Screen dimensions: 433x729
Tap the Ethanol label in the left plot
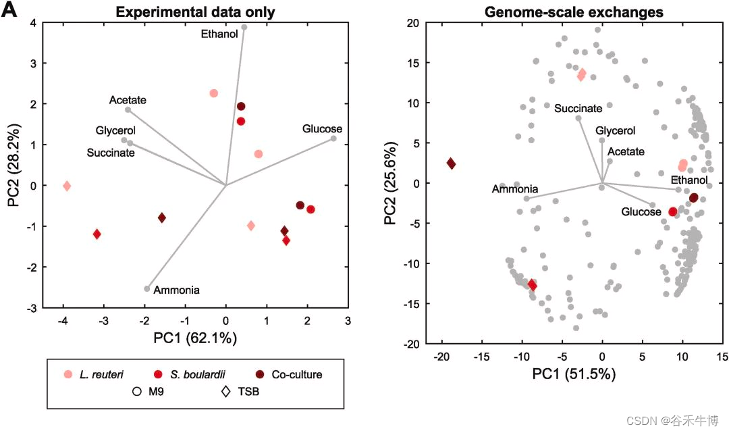click(x=219, y=33)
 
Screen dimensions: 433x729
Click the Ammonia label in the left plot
click(x=176, y=290)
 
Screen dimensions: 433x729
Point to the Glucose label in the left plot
click(x=322, y=129)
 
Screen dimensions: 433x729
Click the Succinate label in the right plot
click(x=578, y=108)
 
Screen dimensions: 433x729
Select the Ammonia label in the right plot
click(x=514, y=189)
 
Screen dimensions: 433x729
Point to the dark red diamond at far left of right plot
click(x=451, y=163)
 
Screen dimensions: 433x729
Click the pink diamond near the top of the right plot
click(x=581, y=75)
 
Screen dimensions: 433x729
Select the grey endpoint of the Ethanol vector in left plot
click(x=244, y=28)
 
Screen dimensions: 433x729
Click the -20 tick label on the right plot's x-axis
click(x=441, y=357)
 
